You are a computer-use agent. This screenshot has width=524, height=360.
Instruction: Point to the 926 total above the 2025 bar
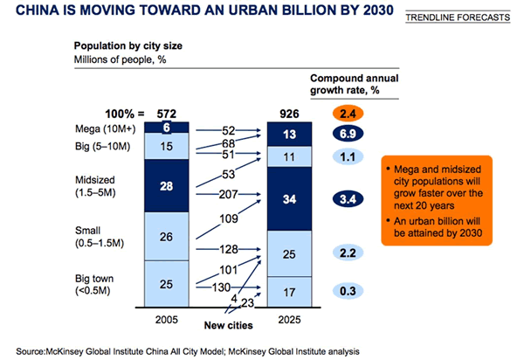[288, 114]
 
